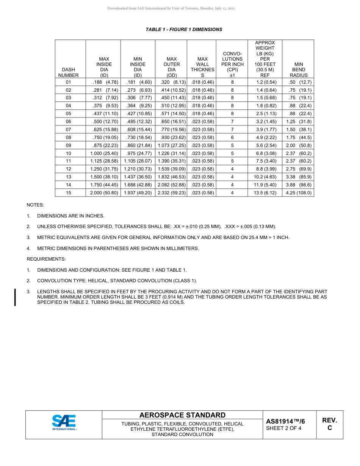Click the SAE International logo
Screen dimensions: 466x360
coord(64,422)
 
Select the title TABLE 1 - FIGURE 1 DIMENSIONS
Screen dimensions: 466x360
coord(184,30)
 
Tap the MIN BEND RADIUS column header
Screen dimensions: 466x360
coord(298,70)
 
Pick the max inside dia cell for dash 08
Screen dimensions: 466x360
coord(103,138)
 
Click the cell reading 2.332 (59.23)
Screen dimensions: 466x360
coord(172,193)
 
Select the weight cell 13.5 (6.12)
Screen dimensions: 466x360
coord(265,193)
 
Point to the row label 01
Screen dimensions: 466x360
coord(69,82)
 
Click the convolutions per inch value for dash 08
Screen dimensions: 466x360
coord(232,138)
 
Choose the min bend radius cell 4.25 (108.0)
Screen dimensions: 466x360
coord(298,193)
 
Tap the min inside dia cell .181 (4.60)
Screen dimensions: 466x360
coord(138,82)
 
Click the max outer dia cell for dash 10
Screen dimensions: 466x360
coord(172,153)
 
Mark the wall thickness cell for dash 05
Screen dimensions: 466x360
coord(203,114)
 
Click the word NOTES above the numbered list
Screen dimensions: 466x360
coord(35,205)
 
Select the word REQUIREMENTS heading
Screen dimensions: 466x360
coord(46,259)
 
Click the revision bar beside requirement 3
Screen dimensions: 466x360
coord(15,297)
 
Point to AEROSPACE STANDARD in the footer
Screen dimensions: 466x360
coord(182,415)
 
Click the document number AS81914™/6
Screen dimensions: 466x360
coord(285,421)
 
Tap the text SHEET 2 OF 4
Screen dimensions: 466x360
coord(284,428)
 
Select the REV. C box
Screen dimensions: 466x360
coord(329,424)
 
